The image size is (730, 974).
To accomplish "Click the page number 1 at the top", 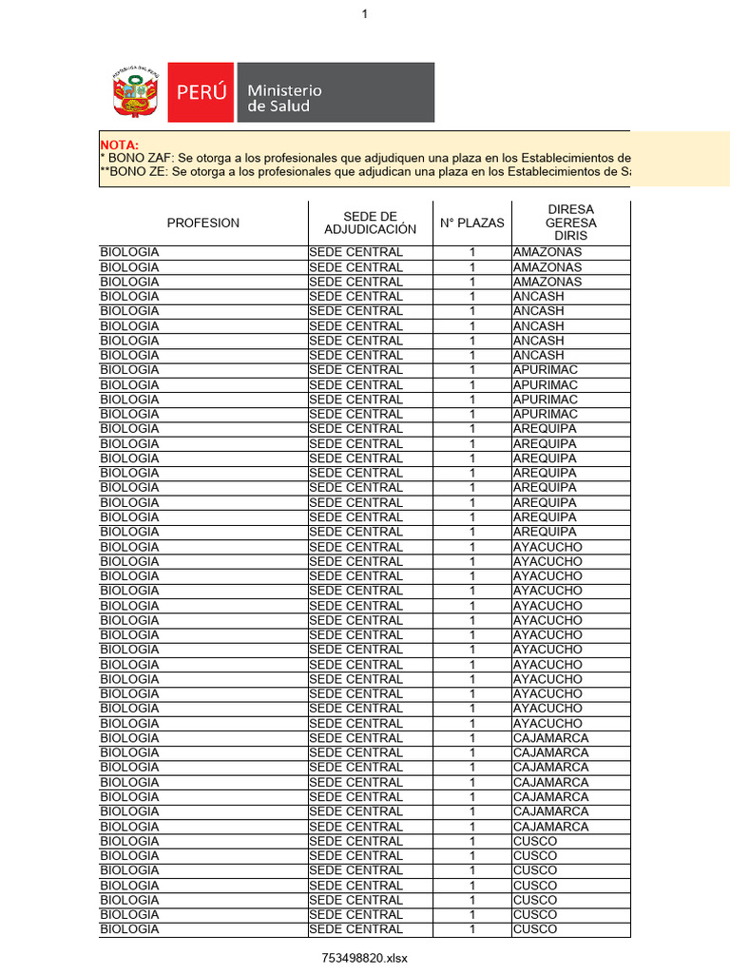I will click(x=364, y=13).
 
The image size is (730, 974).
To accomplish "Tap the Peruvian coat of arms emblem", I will click(x=132, y=92).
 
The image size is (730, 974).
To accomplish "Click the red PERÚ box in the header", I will click(x=201, y=92).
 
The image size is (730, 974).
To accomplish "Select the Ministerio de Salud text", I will click(x=284, y=98).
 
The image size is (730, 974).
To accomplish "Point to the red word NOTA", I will click(x=120, y=144).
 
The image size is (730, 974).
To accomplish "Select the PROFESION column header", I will click(x=203, y=223).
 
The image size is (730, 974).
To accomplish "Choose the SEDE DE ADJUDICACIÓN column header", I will click(x=370, y=223).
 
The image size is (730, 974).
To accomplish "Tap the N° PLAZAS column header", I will click(x=471, y=223).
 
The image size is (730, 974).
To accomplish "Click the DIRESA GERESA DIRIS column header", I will click(x=570, y=223).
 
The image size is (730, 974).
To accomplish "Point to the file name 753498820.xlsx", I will click(x=364, y=958).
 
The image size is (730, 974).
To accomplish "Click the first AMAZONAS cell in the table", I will click(x=547, y=252).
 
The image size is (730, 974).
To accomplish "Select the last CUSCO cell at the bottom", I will click(x=535, y=929).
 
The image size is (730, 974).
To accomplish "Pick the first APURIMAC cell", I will click(x=546, y=370).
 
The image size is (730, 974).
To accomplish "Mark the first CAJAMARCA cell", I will click(x=550, y=738).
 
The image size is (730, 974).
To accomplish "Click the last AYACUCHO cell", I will click(x=547, y=724).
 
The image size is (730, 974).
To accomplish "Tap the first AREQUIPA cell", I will click(x=545, y=429).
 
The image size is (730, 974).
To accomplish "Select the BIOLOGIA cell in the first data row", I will click(x=130, y=252).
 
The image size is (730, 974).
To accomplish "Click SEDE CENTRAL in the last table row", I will click(x=355, y=929).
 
